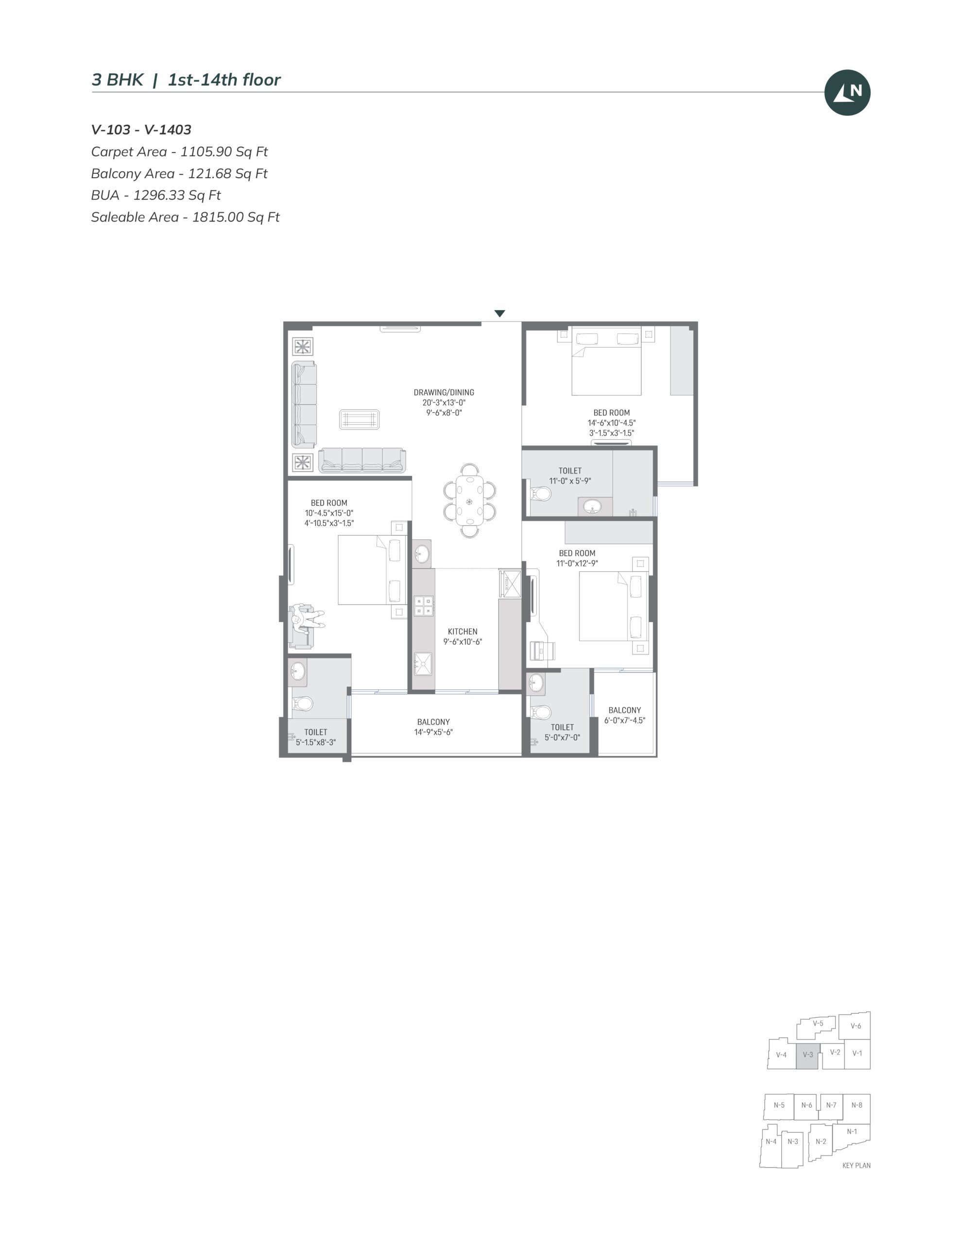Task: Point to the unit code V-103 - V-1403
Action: (141, 130)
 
